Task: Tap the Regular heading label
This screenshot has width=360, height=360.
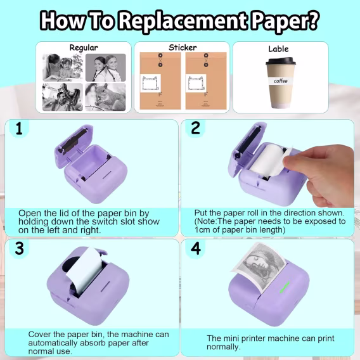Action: [84, 48]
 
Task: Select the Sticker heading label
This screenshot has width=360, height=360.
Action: [183, 48]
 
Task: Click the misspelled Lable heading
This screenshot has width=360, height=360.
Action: [278, 49]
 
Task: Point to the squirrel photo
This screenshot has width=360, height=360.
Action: [105, 97]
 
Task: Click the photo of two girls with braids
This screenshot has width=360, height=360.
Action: [106, 67]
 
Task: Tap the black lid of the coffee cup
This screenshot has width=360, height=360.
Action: [280, 61]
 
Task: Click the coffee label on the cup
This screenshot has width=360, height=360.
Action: [281, 81]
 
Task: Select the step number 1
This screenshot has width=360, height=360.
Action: [19, 128]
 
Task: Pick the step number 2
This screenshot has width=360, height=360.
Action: [195, 128]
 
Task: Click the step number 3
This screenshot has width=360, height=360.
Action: [19, 248]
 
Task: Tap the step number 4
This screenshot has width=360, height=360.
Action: [196, 248]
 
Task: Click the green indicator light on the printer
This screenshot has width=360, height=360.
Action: [285, 287]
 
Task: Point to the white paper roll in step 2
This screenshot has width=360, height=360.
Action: [267, 161]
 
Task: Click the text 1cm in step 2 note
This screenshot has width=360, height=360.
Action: [203, 230]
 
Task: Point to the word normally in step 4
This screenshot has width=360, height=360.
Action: [223, 347]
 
